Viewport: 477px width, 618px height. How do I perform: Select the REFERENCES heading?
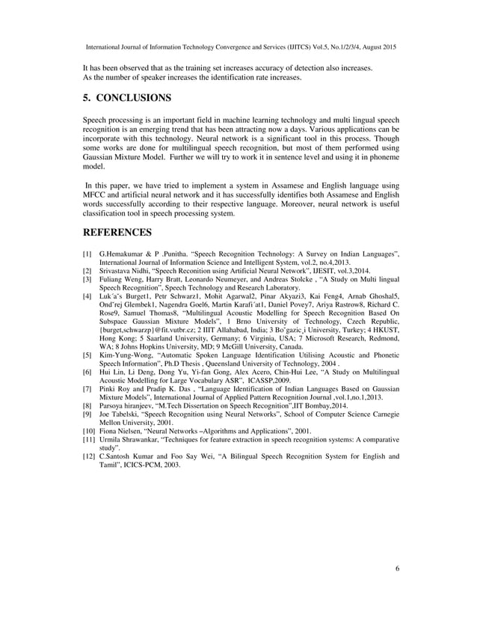pos(118,232)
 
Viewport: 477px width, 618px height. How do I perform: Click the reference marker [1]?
pos(87,255)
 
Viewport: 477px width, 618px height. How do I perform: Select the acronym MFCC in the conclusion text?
pos(96,194)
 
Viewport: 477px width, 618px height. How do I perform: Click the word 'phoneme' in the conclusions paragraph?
pos(381,159)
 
